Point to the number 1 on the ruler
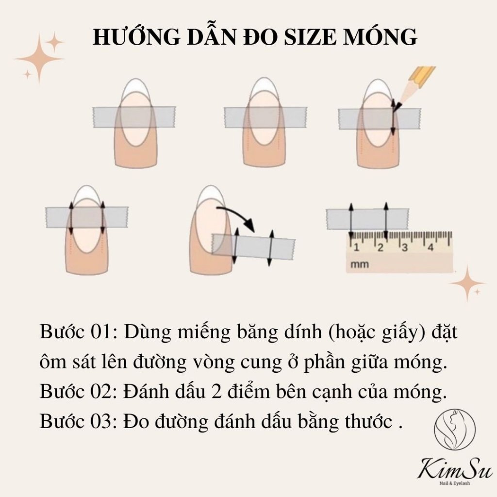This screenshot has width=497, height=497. [x=356, y=247]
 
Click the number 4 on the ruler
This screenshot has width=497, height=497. [x=431, y=247]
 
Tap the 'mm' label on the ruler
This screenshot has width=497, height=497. [x=359, y=265]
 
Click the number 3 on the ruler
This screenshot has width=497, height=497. [x=405, y=247]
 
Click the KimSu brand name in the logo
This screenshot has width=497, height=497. [x=456, y=469]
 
